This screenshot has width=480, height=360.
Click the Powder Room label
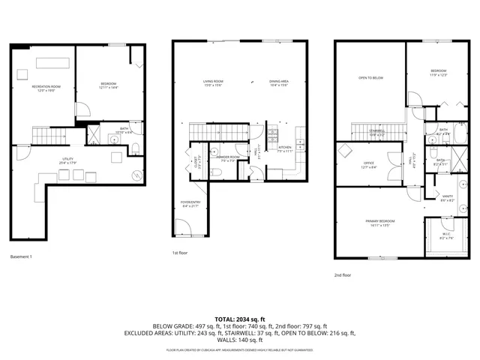tap(227, 157)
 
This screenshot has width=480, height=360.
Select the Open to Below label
tap(370, 77)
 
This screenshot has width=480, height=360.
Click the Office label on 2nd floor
tap(368, 163)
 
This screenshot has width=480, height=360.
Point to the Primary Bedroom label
tap(380, 222)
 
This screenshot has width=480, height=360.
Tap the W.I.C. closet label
tap(445, 235)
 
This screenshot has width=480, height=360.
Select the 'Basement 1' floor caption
tap(22, 257)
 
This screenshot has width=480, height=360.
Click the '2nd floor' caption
tap(343, 275)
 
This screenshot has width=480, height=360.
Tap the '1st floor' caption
tap(180, 253)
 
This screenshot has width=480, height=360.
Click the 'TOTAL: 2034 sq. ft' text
tap(240, 319)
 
